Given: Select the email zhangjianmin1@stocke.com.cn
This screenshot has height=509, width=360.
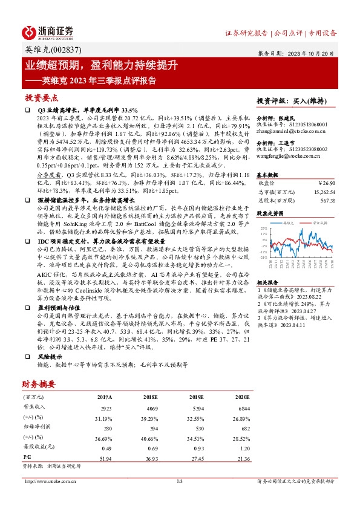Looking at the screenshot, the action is click(292, 131).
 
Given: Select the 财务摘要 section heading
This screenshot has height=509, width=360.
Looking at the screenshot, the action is click(39, 384).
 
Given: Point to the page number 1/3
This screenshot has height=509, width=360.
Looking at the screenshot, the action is click(180, 481).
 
